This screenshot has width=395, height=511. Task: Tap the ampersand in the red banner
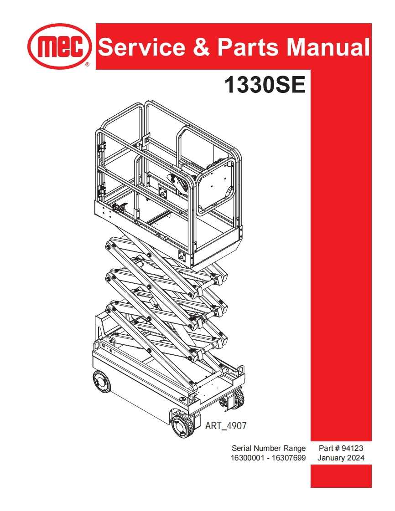click(201, 47)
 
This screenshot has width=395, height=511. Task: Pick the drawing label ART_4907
click(226, 426)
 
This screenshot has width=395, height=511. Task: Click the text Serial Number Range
click(269, 449)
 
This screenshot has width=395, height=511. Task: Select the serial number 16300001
click(249, 458)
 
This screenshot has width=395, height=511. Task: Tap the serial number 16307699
click(288, 458)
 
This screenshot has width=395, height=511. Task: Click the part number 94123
click(351, 449)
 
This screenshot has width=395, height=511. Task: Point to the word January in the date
click(332, 458)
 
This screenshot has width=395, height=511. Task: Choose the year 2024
click(355, 458)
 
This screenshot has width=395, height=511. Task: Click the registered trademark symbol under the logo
click(87, 66)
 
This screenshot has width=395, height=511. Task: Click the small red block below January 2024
click(341, 476)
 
